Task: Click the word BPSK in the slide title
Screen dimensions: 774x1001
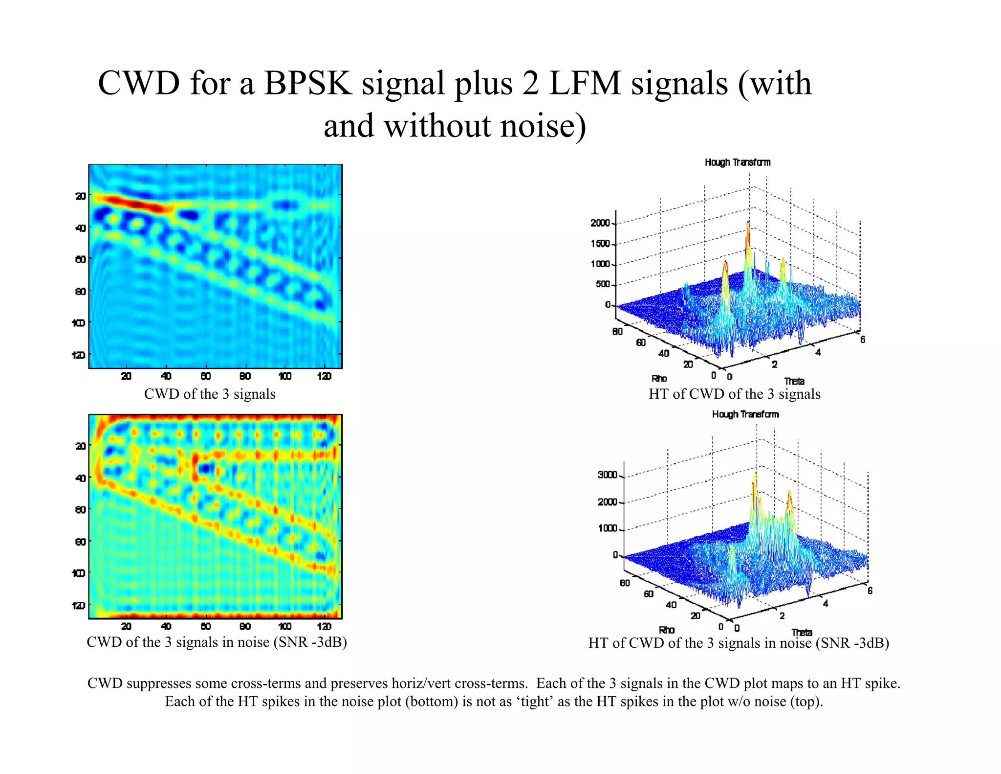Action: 307,83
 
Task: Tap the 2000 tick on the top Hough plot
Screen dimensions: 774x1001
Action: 600,223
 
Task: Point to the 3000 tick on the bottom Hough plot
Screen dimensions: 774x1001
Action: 607,475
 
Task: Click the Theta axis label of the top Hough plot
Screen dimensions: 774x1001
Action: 794,381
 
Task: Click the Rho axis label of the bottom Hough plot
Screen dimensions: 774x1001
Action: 667,630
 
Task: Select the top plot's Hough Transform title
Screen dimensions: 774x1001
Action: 738,162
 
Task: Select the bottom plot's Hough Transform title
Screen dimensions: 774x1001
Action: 745,414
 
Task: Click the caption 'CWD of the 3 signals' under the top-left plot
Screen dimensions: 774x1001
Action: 210,394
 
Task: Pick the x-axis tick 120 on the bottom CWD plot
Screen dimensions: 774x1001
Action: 324,626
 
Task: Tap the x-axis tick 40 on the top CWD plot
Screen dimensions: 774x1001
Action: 166,376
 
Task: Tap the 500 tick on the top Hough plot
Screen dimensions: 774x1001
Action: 603,284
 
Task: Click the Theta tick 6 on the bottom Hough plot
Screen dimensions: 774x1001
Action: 870,591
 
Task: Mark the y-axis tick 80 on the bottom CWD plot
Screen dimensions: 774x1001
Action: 80,542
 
